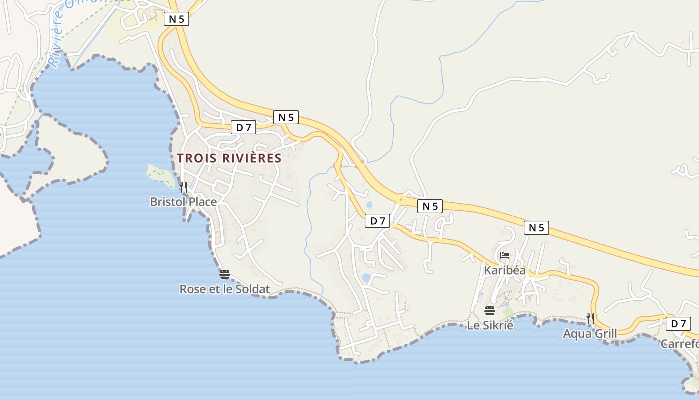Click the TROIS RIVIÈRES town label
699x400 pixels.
pyautogui.click(x=229, y=158)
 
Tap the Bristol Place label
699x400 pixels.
pyautogui.click(x=183, y=202)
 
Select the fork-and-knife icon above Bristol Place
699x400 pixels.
pyautogui.click(x=183, y=187)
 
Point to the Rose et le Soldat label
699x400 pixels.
pyautogui.click(x=224, y=289)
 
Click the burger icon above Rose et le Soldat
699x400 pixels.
pyautogui.click(x=224, y=274)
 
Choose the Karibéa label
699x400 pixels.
pyautogui.click(x=505, y=270)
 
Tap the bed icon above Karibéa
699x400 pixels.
pyautogui.click(x=505, y=255)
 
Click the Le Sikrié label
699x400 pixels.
pyautogui.click(x=490, y=325)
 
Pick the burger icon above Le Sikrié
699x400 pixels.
pyautogui.click(x=489, y=311)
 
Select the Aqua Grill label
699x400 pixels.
pyautogui.click(x=590, y=333)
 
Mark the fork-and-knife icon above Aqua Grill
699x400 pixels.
pyautogui.click(x=590, y=318)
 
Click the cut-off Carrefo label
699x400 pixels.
pyautogui.click(x=679, y=344)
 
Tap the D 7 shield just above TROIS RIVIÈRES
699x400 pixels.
pyautogui.click(x=244, y=128)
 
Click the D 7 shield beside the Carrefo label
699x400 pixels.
pyautogui.click(x=678, y=324)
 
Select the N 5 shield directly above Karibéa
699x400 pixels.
pyautogui.click(x=536, y=228)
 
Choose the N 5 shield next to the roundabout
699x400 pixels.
pyautogui.click(x=430, y=206)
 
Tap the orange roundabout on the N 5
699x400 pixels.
pyautogui.click(x=400, y=198)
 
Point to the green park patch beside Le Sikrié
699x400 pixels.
pyautogui.click(x=508, y=312)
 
